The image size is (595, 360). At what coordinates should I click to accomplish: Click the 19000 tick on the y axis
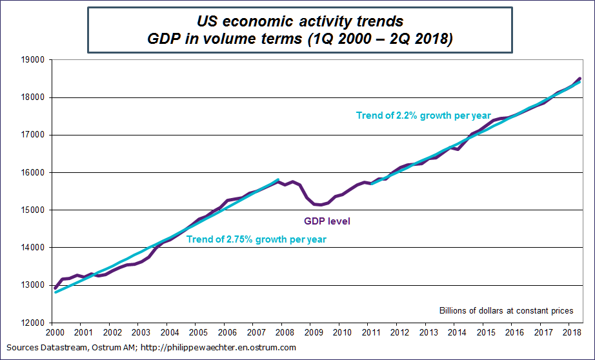(33, 60)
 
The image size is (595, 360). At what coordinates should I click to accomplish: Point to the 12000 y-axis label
(33, 323)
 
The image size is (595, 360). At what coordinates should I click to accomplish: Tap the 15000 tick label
(33, 210)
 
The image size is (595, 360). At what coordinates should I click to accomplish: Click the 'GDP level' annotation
(327, 221)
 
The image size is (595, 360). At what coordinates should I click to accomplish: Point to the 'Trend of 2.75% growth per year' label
(256, 239)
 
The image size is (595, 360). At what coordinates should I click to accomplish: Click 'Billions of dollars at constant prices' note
(506, 311)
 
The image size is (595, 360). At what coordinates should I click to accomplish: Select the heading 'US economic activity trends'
(300, 23)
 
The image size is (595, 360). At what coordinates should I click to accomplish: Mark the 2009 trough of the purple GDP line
(319, 205)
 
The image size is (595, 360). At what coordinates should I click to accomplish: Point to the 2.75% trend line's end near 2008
(278, 179)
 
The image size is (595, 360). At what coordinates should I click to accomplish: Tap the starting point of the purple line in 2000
(55, 288)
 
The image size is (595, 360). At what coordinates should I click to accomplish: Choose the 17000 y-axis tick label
(33, 135)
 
